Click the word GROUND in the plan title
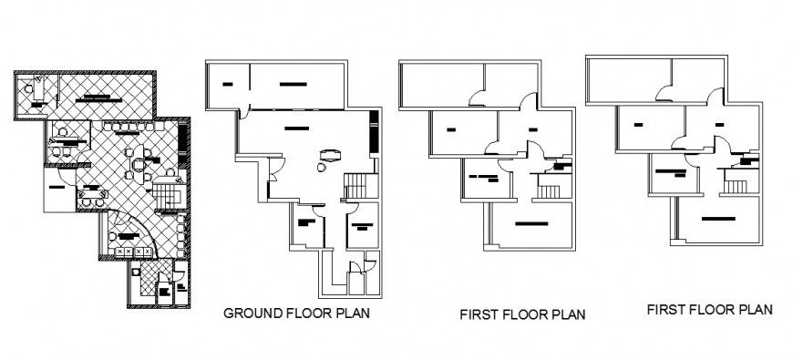(251, 313)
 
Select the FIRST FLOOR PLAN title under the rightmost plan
(710, 309)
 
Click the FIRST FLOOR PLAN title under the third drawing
(521, 314)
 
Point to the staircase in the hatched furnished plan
(168, 195)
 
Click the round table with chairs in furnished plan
(139, 165)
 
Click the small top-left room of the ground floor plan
(227, 85)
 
